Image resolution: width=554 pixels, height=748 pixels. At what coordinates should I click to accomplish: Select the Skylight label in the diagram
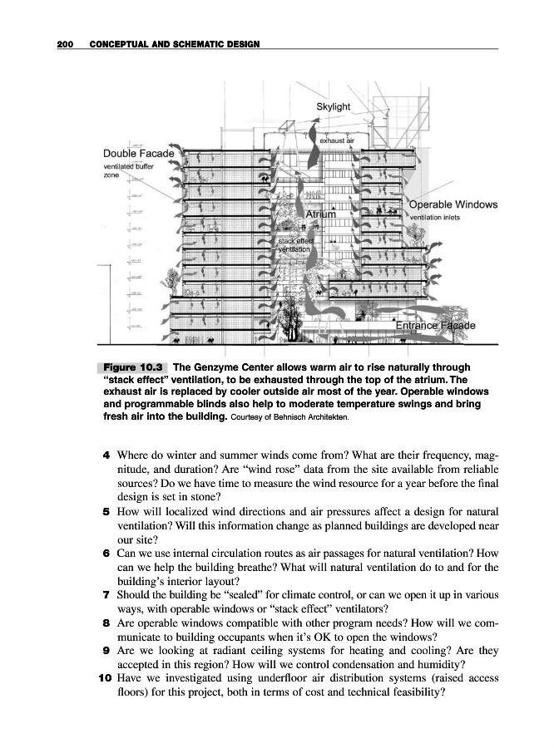(334, 107)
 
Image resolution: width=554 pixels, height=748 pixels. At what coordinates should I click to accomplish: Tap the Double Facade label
(139, 154)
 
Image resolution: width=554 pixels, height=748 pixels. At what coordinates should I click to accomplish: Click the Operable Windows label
(453, 204)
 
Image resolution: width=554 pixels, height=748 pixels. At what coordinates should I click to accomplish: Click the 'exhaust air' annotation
(338, 141)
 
